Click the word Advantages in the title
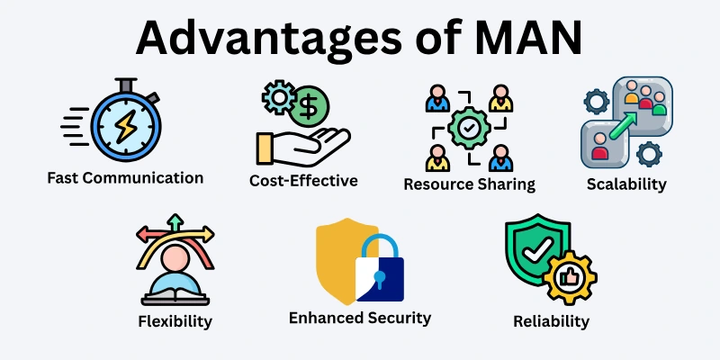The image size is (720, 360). tap(251, 40)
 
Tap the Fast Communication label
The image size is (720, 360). tap(125, 177)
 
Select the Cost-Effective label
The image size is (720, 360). tap(303, 180)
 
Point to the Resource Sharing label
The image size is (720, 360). tap(469, 184)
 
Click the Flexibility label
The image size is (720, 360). tap(175, 320)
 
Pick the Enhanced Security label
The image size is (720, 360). tap(360, 318)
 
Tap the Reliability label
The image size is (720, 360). tap(551, 321)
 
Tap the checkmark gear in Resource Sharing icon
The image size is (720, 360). tap(469, 129)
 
